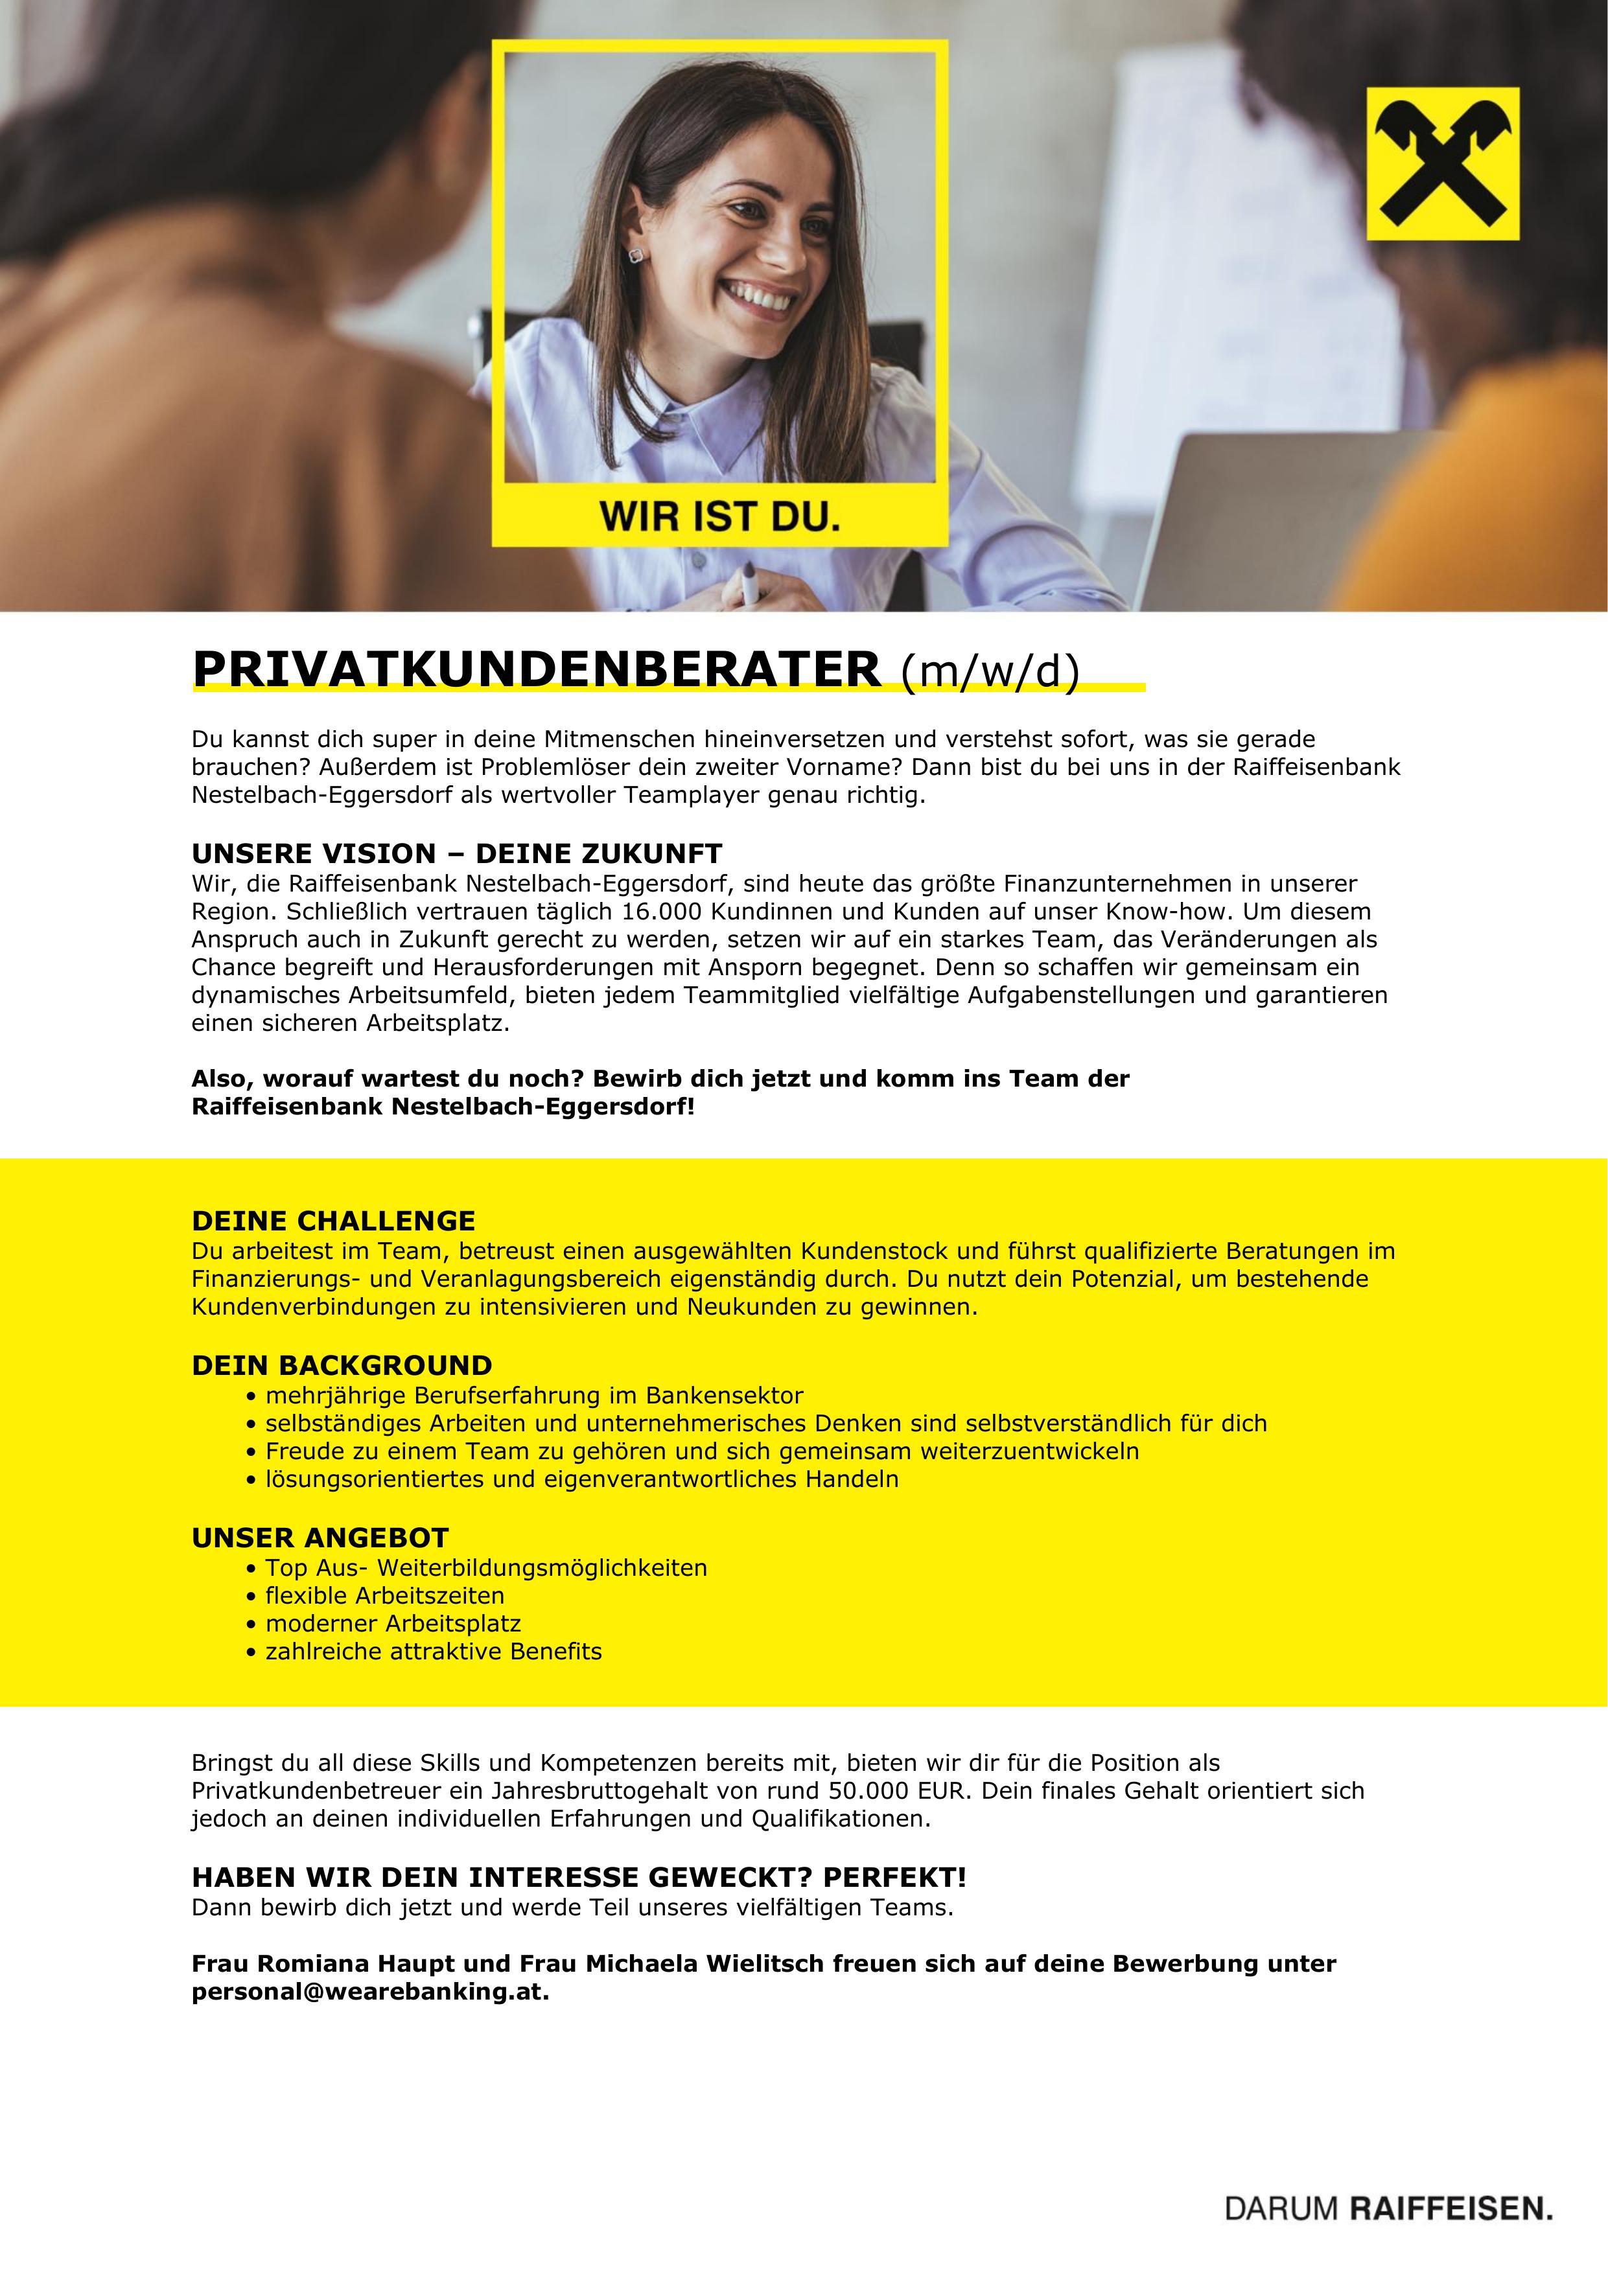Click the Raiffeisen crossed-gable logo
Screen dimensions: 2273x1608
pos(1443,163)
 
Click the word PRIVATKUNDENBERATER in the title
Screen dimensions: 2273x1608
pos(535,670)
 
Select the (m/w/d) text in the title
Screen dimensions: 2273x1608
pos(989,672)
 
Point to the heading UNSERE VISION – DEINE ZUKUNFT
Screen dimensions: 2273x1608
pos(456,853)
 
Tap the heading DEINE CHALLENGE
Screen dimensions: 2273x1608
pos(334,1221)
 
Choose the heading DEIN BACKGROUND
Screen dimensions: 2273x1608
pos(342,1366)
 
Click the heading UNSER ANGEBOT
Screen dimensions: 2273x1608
pos(320,1538)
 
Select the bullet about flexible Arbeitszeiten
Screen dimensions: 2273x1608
pos(384,1596)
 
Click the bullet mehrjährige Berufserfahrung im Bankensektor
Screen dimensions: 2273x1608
pos(533,1396)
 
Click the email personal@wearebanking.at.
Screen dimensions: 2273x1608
pos(369,1992)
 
